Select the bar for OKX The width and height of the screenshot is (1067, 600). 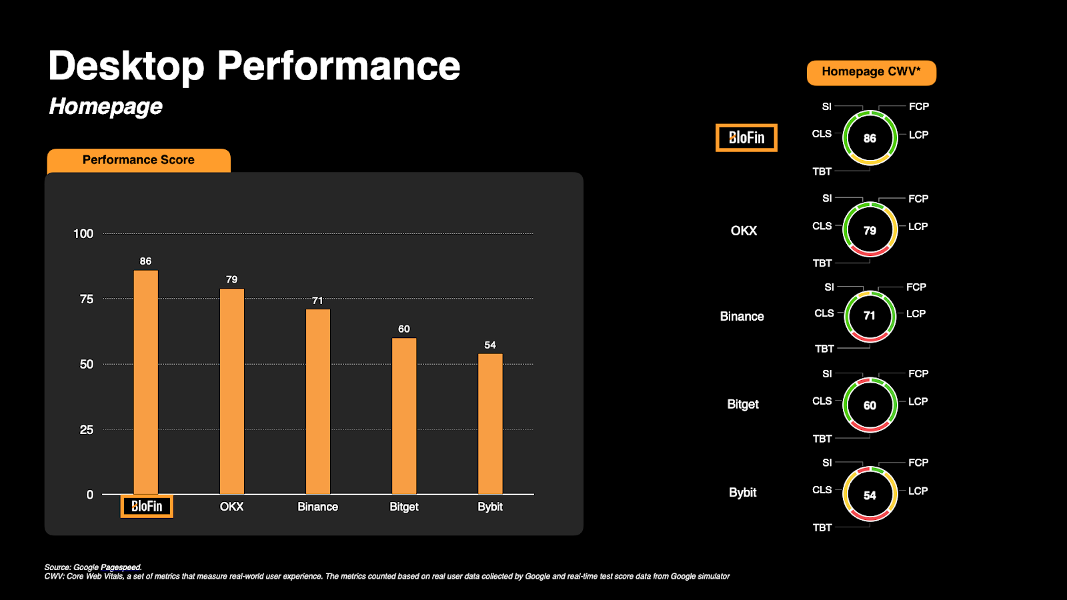(232, 391)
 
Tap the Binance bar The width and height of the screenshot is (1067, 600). (318, 401)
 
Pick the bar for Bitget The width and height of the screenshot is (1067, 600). (404, 416)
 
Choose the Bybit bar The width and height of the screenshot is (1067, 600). (490, 424)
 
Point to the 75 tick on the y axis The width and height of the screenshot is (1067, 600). (87, 299)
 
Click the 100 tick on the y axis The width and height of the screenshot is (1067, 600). (83, 234)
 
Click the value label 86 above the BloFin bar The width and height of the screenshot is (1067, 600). (145, 261)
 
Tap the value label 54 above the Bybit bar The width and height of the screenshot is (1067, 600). (490, 345)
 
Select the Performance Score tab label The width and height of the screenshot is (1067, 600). (139, 160)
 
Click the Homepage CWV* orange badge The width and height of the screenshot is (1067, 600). (871, 72)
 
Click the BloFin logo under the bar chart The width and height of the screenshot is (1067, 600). (147, 507)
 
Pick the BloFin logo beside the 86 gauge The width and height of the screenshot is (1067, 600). (746, 138)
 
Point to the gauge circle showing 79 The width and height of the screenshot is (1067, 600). (870, 231)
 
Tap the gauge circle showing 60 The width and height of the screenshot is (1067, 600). (870, 405)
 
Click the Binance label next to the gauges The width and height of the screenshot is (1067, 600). (742, 317)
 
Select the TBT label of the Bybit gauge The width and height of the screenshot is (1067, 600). (822, 528)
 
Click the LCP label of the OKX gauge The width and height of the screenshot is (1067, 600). (918, 227)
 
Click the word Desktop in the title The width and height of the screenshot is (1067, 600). (127, 67)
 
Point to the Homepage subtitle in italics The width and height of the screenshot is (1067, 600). (105, 107)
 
